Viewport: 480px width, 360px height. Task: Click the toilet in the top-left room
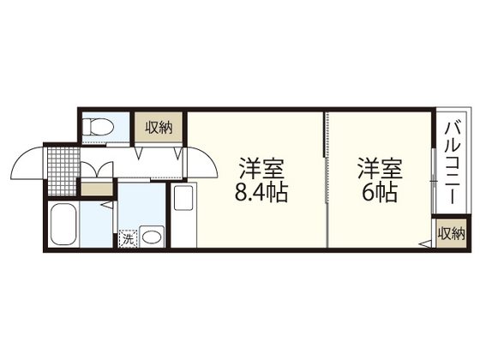(99, 127)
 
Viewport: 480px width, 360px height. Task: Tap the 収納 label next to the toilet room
(159, 129)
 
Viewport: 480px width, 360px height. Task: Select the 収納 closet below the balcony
(451, 233)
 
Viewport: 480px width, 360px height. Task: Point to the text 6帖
(377, 192)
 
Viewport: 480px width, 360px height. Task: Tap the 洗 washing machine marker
(127, 239)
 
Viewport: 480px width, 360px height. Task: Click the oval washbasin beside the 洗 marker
(153, 235)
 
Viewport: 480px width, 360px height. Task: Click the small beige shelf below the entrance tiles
(95, 189)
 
